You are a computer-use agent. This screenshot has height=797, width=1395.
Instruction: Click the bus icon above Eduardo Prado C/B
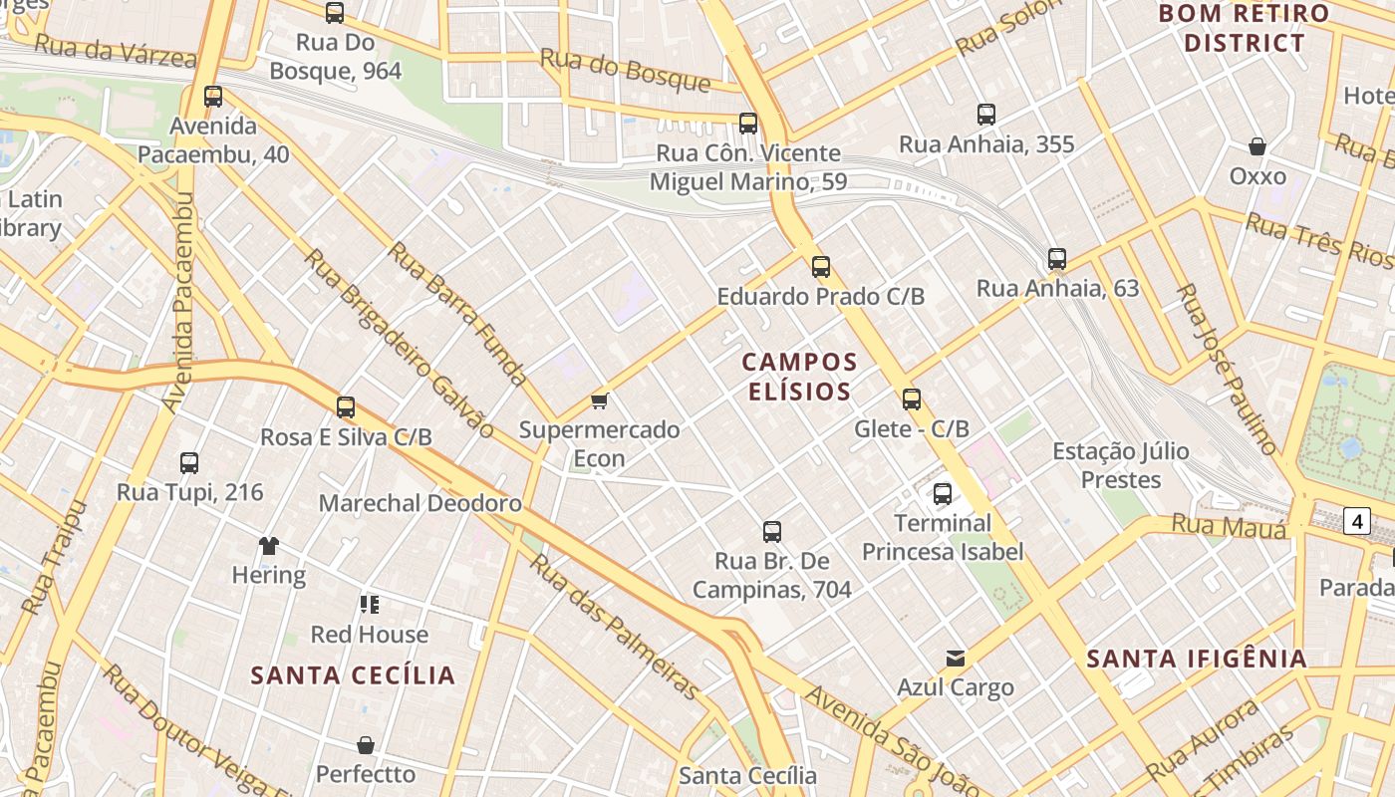tap(820, 266)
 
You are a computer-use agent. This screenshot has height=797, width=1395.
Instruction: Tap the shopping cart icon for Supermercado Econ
tap(599, 400)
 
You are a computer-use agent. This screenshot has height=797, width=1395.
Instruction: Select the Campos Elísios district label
tap(800, 376)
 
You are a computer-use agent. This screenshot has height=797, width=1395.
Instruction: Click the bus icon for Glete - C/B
tap(911, 399)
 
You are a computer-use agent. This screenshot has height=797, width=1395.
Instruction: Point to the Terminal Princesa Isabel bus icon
tap(942, 493)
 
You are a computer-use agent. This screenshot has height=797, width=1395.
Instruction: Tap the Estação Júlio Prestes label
tap(1121, 465)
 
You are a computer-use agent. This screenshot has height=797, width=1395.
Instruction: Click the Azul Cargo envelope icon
tap(956, 658)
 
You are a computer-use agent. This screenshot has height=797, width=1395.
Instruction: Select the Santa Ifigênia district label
tap(1196, 659)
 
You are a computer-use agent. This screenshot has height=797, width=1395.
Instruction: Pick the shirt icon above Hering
tap(268, 545)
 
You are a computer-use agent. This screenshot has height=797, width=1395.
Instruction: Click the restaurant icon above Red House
tap(370, 604)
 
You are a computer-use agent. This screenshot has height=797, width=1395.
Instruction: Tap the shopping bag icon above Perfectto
tap(366, 745)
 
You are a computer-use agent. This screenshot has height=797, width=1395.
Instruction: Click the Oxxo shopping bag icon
tap(1257, 146)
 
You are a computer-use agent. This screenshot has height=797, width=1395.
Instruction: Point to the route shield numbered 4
tap(1356, 520)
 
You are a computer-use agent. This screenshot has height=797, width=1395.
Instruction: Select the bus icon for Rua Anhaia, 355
tap(985, 115)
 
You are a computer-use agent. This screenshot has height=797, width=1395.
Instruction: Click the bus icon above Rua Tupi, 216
tap(189, 462)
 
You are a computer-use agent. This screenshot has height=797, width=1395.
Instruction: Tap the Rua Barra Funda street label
tap(457, 312)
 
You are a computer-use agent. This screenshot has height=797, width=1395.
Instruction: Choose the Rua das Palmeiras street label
tap(614, 625)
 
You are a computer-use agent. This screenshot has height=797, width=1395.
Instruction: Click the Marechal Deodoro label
tap(419, 503)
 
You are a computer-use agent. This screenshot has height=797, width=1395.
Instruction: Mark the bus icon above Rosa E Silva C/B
tap(346, 406)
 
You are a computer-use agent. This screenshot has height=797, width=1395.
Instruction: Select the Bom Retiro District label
tap(1245, 28)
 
